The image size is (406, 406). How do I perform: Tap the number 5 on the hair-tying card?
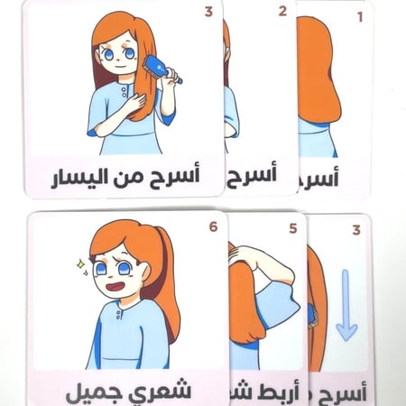[x=292, y=228]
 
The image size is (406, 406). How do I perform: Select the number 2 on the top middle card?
[x=281, y=12]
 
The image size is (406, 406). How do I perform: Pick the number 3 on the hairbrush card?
[x=208, y=13]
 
